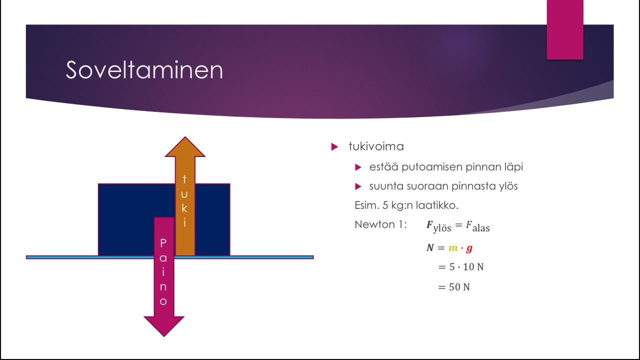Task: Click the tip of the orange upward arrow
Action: (x=185, y=137)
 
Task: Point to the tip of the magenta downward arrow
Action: (x=164, y=336)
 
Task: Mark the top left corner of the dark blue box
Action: (x=98, y=183)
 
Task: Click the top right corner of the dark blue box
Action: (x=230, y=183)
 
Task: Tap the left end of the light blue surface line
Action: (x=26, y=257)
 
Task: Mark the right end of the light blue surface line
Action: (x=313, y=257)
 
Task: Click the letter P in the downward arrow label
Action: (x=163, y=243)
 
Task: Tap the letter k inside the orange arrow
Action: (x=184, y=208)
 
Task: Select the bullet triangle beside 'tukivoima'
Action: (x=334, y=147)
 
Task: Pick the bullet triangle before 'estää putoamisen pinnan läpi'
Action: (x=358, y=167)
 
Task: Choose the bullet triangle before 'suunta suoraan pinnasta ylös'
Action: (x=358, y=186)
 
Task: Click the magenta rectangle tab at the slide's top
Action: (x=565, y=29)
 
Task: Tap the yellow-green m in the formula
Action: (x=453, y=248)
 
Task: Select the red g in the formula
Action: (x=469, y=248)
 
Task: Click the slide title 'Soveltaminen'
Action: (x=144, y=69)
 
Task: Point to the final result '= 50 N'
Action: (x=453, y=287)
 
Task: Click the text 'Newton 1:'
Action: (x=380, y=224)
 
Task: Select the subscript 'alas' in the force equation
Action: (x=481, y=228)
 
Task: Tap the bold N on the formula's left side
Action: (x=430, y=247)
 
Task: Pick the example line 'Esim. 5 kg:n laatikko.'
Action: (x=406, y=205)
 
